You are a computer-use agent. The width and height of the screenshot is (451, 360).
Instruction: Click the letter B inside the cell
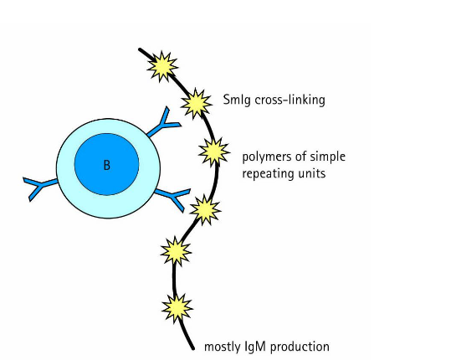pyautogui.click(x=106, y=166)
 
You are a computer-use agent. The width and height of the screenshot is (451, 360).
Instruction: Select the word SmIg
pyautogui.click(x=237, y=100)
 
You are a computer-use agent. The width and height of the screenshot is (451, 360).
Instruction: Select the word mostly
pyautogui.click(x=223, y=347)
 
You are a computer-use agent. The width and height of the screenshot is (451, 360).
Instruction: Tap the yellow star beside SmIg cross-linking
pyautogui.click(x=197, y=102)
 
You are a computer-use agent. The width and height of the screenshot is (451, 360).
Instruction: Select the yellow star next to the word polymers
pyautogui.click(x=214, y=152)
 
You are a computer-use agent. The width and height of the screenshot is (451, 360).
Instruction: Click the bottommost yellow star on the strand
pyautogui.click(x=177, y=307)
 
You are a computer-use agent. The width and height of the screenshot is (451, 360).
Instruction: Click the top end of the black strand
pyautogui.click(x=140, y=49)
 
